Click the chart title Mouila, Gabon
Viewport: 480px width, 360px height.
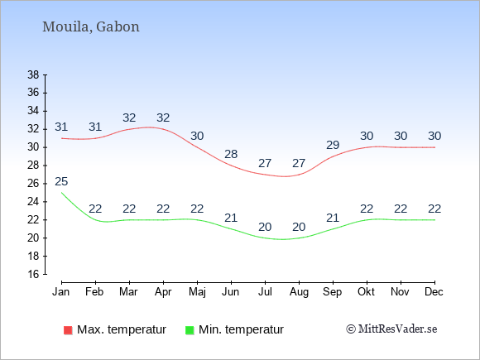(90, 27)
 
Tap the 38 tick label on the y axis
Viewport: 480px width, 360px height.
(33, 74)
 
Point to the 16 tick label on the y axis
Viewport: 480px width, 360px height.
(33, 274)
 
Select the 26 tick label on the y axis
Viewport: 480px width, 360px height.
(33, 184)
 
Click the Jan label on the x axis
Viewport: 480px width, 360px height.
(61, 292)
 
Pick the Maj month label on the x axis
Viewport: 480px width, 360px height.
(197, 292)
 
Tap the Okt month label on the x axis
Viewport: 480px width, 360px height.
(367, 292)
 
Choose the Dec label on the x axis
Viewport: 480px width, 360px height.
(434, 292)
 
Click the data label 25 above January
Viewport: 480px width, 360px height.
(61, 181)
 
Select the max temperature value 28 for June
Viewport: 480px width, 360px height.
(231, 154)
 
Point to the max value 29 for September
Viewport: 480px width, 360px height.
(333, 145)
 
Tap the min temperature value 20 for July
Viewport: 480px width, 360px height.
(265, 227)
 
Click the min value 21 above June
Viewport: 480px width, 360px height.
(231, 218)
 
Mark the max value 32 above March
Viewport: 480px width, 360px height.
(129, 118)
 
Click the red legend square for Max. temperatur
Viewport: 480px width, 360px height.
(68, 330)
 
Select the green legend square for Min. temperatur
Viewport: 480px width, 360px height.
(190, 330)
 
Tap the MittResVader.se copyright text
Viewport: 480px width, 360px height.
(391, 329)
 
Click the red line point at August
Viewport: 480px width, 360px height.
(299, 175)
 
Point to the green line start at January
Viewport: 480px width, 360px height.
(61, 193)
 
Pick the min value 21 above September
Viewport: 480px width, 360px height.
(333, 218)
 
